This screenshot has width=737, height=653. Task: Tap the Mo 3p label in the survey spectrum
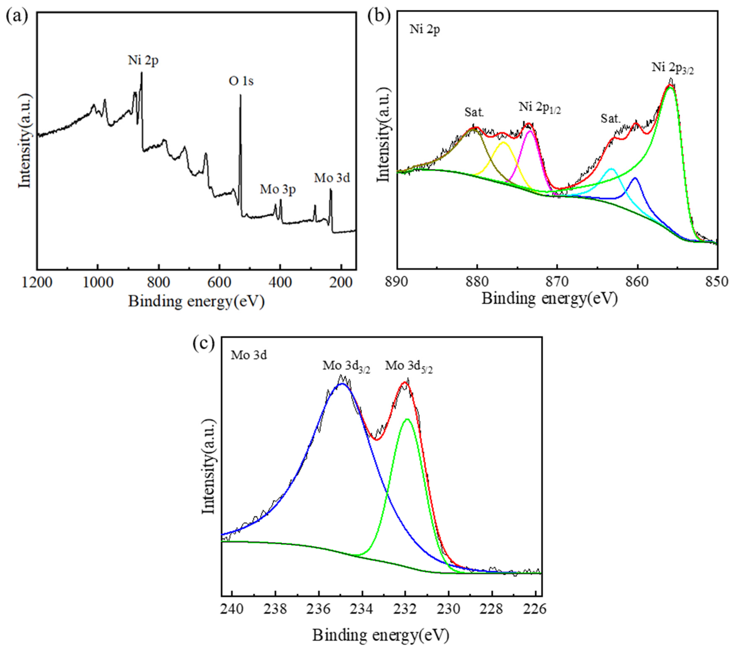coord(278,189)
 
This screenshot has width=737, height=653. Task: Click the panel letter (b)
coord(379,16)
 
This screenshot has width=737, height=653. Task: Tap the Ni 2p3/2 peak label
coord(672,68)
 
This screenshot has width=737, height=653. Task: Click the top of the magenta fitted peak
coord(530,131)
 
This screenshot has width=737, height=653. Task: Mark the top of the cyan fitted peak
coord(611,168)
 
